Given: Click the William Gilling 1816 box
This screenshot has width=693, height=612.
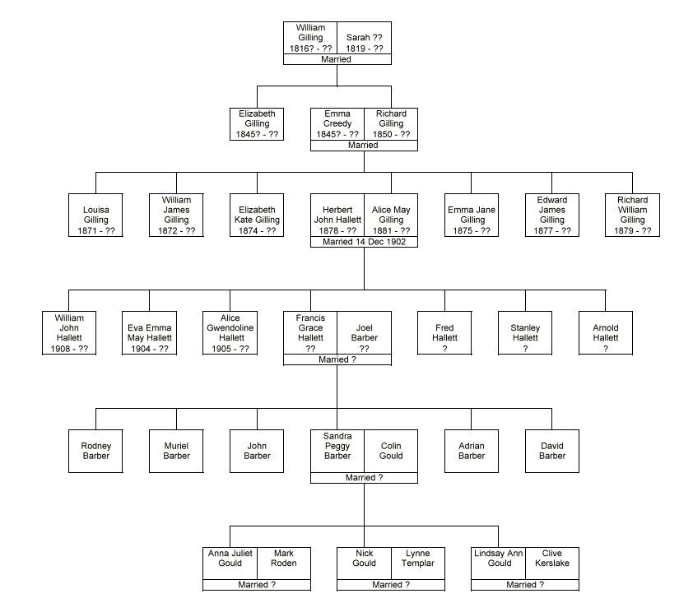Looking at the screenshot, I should click(310, 38).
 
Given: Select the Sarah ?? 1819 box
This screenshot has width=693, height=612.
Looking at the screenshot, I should click(364, 38).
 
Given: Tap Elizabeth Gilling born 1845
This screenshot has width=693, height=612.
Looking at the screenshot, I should click(257, 123).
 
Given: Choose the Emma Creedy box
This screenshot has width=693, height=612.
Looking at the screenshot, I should click(337, 123).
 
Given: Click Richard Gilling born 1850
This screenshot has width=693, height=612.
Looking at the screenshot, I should click(391, 123).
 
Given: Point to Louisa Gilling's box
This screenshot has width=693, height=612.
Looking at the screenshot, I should click(95, 215).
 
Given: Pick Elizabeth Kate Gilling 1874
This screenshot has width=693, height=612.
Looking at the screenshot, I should click(257, 215).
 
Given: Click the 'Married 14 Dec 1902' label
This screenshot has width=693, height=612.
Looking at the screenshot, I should click(364, 243).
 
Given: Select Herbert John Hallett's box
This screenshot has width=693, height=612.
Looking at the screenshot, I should click(337, 215).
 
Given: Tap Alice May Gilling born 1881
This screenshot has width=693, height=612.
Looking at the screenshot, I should click(391, 215).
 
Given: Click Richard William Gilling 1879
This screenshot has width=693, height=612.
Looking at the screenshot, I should click(633, 215).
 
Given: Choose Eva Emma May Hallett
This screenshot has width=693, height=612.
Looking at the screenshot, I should click(149, 332).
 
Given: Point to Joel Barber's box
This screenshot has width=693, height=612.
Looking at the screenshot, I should click(364, 332).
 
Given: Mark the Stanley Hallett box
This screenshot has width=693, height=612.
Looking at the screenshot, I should click(525, 332).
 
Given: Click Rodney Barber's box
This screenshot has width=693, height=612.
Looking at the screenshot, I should click(95, 451).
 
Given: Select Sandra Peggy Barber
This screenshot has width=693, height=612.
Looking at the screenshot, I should click(337, 451).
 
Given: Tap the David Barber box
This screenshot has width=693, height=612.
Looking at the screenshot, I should click(552, 451).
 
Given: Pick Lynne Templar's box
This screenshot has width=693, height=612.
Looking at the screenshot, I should click(418, 563).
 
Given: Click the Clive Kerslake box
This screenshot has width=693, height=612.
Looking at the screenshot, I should click(552, 563).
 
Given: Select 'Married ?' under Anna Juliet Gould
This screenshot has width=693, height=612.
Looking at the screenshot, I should click(257, 585).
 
